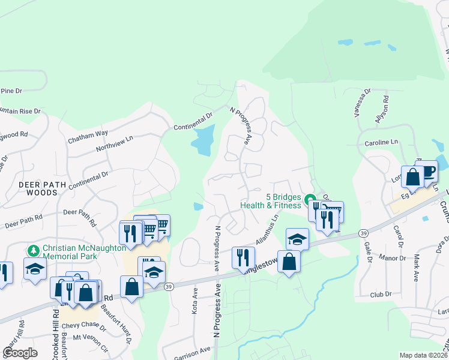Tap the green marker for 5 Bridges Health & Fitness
coord(310,200)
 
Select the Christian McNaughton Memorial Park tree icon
coord(34,249)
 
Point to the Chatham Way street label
coord(88,137)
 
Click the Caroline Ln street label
coord(381,143)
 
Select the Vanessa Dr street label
coord(363,103)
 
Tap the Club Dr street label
coord(381,294)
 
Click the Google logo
coord(20,352)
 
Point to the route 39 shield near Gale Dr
coord(363,233)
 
